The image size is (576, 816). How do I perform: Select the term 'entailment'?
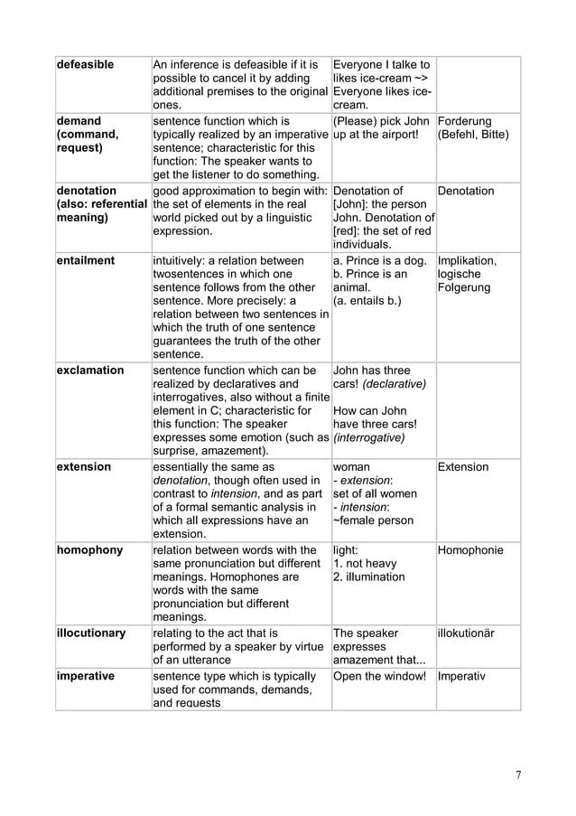click(86, 261)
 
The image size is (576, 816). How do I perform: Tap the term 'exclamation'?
click(90, 370)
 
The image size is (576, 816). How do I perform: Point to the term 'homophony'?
click(88, 550)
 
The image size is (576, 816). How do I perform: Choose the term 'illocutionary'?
click(91, 633)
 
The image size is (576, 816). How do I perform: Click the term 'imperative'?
click(86, 676)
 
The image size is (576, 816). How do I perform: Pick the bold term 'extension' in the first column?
click(84, 467)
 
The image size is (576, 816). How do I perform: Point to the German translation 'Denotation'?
click(467, 192)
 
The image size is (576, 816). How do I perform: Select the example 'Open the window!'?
click(379, 676)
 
